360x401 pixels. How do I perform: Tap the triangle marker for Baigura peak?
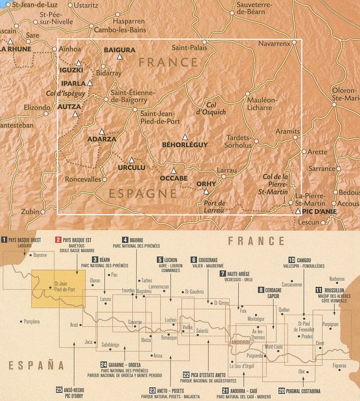pos(119,57)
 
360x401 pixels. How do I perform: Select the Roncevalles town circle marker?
pos(104,179)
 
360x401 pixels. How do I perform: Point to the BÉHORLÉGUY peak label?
pos(185,145)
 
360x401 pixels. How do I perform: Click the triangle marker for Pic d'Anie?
pos(298,211)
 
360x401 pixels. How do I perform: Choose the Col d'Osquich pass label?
pos(211,108)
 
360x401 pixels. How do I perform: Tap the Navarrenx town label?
pos(274,43)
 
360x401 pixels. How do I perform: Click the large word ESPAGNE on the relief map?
pos(143,194)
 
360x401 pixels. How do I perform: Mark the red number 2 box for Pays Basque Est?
pos(58,240)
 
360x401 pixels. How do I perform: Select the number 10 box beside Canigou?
pos(292,260)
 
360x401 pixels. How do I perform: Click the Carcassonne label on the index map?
pos(292,285)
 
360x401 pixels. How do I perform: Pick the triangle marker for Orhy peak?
pos(206,191)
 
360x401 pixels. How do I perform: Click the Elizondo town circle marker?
pos(46,114)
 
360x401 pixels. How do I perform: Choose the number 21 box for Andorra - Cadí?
pos(226,390)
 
